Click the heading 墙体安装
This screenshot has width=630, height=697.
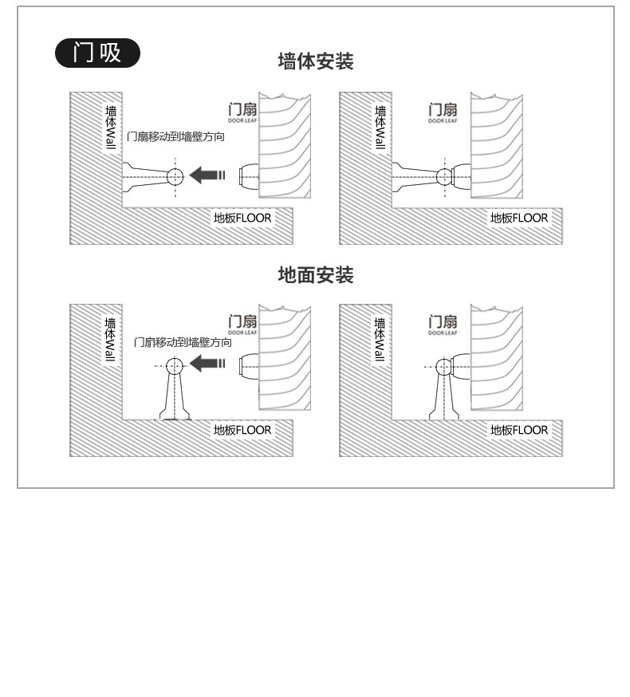(315, 61)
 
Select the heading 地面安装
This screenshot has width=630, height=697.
(315, 275)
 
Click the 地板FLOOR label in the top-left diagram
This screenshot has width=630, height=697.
(242, 218)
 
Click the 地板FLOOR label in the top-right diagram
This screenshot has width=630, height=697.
(519, 218)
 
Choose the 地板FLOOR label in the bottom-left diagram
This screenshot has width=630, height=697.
(242, 430)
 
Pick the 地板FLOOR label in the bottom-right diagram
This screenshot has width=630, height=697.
(519, 430)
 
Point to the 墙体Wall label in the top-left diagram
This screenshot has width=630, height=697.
(111, 127)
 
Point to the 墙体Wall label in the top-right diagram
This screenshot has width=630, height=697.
(380, 127)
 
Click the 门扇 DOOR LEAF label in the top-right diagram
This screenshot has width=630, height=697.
(443, 113)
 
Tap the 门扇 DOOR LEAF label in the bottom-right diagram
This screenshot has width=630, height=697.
(443, 325)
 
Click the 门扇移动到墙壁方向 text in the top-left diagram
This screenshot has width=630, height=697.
(175, 137)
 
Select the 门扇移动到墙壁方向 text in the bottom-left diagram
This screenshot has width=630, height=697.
(183, 342)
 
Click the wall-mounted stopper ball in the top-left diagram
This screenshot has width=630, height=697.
(175, 176)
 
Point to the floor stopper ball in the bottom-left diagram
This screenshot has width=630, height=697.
(175, 366)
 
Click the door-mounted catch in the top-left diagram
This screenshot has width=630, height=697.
(248, 175)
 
